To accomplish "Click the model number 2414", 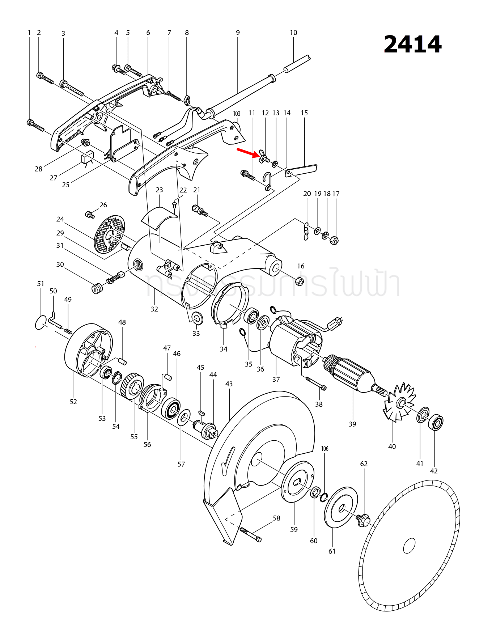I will [x=412, y=45].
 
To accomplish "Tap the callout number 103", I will [x=237, y=114].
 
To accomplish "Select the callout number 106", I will [x=325, y=449].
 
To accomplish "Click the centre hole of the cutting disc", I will [x=409, y=546].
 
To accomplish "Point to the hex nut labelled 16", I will [x=300, y=281].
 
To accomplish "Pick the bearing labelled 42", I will [x=436, y=423].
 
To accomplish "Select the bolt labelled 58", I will [x=250, y=535].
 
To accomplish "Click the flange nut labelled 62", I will [x=363, y=520].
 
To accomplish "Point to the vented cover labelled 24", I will [x=109, y=234].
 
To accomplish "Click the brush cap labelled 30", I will [x=96, y=289].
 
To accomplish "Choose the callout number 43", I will [x=229, y=384].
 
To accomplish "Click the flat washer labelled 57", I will [x=184, y=418].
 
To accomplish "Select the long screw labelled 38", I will [x=316, y=384].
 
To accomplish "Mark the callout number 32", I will [x=154, y=309].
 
